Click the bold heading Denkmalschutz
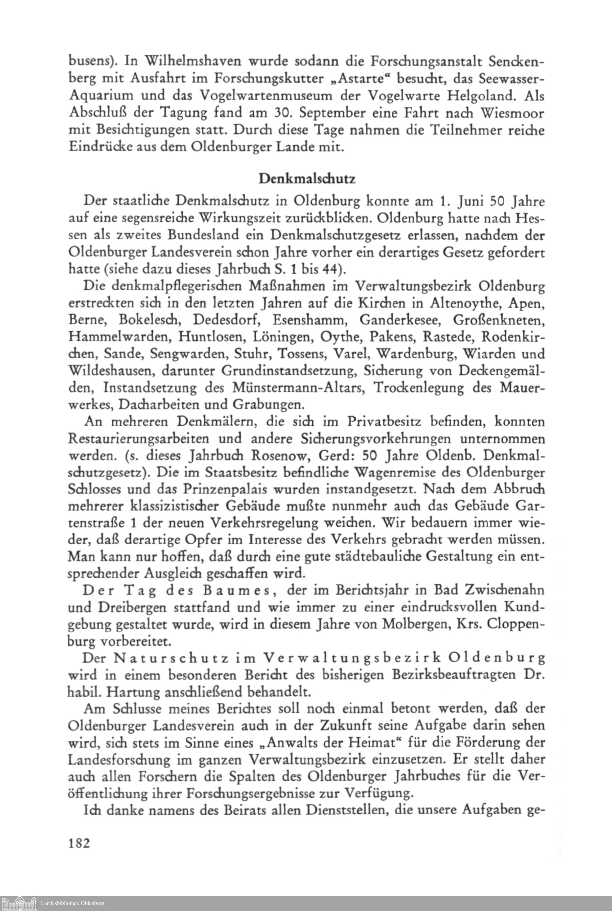(x=307, y=179)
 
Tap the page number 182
(x=79, y=843)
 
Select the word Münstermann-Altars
(x=299, y=388)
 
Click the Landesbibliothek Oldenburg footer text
(x=73, y=903)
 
